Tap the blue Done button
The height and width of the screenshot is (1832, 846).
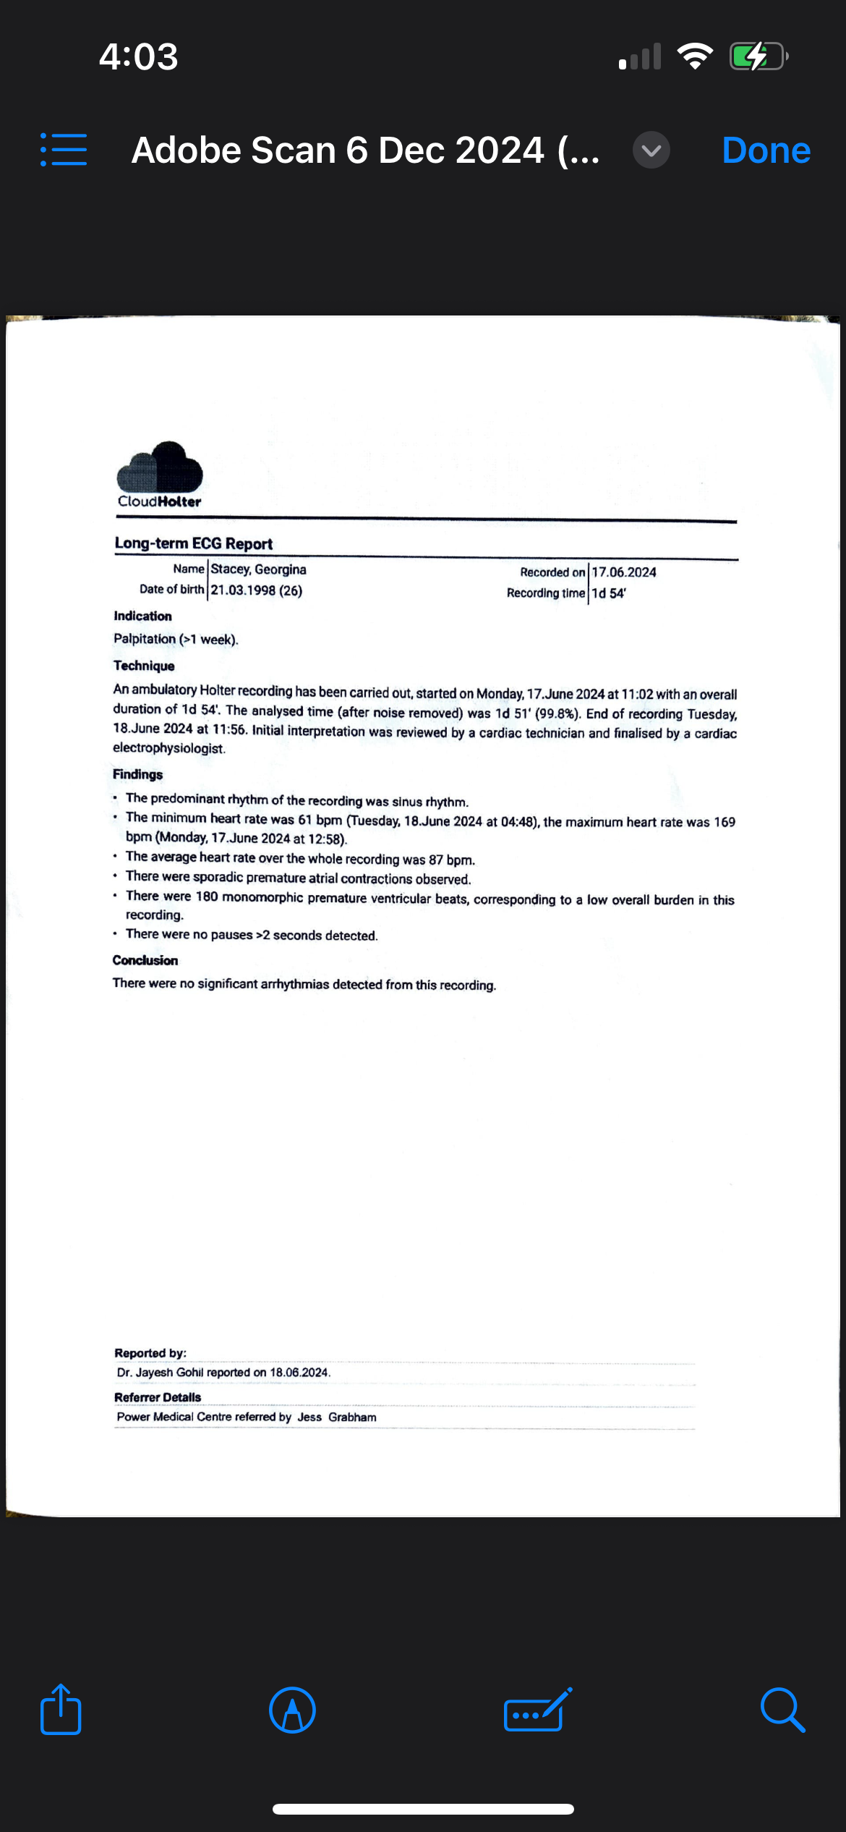(766, 150)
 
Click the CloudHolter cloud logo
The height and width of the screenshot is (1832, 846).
(160, 467)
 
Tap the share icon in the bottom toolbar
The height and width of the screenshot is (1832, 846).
(61, 1710)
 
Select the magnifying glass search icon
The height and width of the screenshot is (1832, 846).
(782, 1710)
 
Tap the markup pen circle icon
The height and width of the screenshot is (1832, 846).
(292, 1710)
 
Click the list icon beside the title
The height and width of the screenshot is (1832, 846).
(64, 150)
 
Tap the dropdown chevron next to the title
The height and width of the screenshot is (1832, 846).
(651, 150)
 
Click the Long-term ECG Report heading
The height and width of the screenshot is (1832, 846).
(194, 543)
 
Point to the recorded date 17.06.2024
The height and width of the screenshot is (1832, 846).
(624, 572)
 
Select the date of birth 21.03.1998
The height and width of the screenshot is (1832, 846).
(243, 590)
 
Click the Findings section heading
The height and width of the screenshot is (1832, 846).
(138, 774)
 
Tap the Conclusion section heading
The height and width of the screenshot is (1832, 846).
(145, 960)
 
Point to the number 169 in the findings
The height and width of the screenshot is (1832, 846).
(725, 822)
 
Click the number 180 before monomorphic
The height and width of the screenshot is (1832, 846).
(207, 896)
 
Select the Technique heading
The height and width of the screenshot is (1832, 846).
(144, 666)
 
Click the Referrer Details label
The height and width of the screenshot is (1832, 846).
(158, 1397)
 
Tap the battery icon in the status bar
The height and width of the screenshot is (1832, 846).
(758, 56)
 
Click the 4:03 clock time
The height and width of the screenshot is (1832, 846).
(138, 56)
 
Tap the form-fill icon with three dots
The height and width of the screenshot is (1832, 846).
(536, 1710)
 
